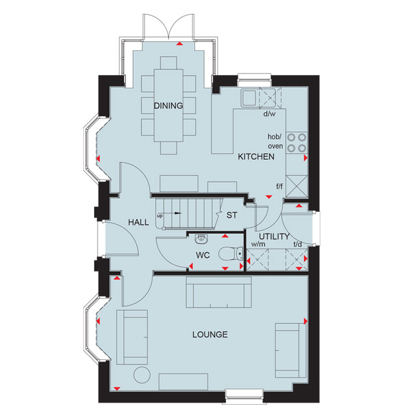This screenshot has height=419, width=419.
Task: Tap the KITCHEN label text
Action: [x=256, y=157]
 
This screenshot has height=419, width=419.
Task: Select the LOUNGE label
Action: [x=209, y=335]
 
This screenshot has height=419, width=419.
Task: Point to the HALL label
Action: [x=138, y=222]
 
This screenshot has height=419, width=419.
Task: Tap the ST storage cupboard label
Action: [x=232, y=215]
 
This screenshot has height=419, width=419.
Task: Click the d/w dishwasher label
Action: [x=268, y=115]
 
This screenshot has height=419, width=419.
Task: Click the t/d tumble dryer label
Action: [x=297, y=244]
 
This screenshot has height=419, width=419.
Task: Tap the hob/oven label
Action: [x=275, y=141]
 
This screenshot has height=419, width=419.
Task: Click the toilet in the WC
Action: [x=229, y=254]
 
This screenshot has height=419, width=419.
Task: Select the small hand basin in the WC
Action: [x=202, y=238]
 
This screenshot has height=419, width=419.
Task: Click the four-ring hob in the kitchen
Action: [x=297, y=142]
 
